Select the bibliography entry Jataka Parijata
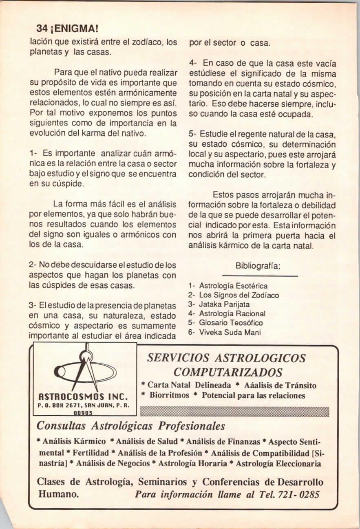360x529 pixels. click(x=224, y=304)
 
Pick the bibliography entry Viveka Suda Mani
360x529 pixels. click(x=230, y=332)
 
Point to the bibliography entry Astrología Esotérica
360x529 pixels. click(x=233, y=286)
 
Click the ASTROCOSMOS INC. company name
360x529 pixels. click(x=84, y=396)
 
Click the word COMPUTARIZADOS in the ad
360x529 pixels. click(x=228, y=372)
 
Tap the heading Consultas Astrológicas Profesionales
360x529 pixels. click(x=131, y=426)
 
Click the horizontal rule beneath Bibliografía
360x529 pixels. click(x=261, y=276)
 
